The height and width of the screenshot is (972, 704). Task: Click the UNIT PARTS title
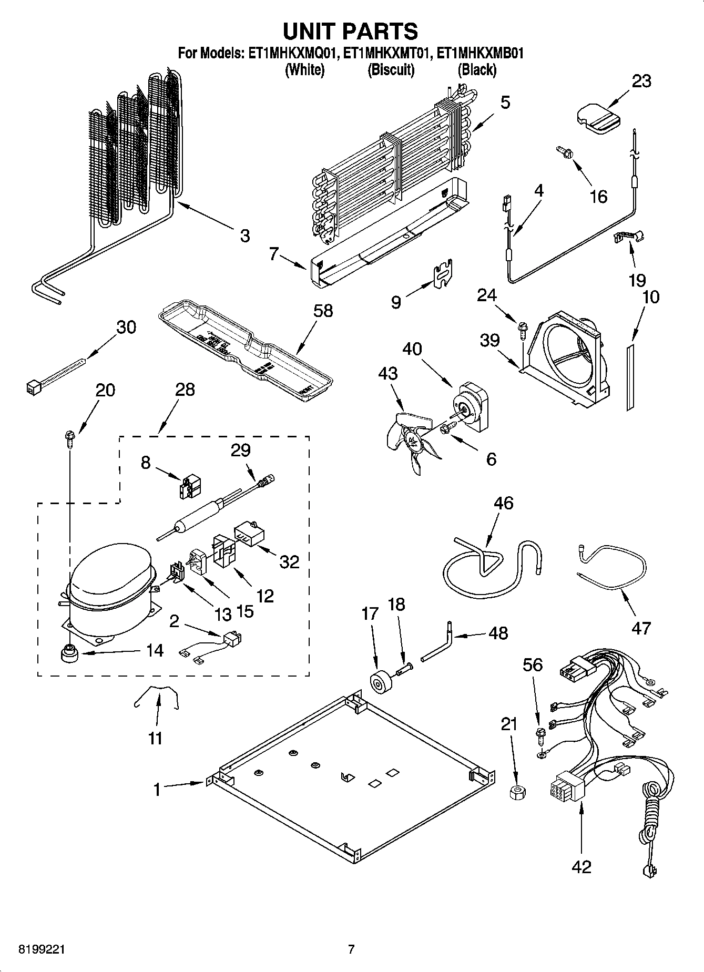[x=351, y=32]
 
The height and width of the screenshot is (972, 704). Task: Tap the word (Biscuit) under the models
[x=391, y=69]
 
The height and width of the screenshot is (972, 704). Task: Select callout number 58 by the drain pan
[x=323, y=311]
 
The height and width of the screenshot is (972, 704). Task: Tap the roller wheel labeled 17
[x=379, y=684]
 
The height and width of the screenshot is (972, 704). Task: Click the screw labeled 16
[x=564, y=153]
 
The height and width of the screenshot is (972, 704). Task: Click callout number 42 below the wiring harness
[x=581, y=866]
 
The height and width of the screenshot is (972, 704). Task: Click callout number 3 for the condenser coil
[x=244, y=236]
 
